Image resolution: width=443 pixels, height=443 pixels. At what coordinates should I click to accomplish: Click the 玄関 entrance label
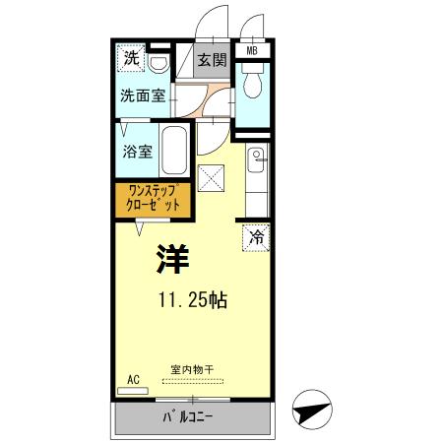click(x=210, y=60)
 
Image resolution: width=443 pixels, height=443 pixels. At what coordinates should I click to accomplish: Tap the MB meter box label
click(x=252, y=50)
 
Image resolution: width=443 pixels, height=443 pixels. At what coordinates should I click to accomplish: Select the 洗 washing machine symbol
click(x=132, y=59)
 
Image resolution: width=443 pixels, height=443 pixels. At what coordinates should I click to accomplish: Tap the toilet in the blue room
click(x=252, y=87)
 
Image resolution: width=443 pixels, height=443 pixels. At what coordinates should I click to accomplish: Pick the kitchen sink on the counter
click(x=255, y=156)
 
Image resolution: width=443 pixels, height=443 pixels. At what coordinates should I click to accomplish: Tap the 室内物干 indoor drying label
click(x=191, y=369)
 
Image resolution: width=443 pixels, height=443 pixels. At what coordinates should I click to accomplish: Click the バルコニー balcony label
click(x=189, y=417)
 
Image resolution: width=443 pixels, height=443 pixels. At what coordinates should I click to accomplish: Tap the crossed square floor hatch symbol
click(x=212, y=178)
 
